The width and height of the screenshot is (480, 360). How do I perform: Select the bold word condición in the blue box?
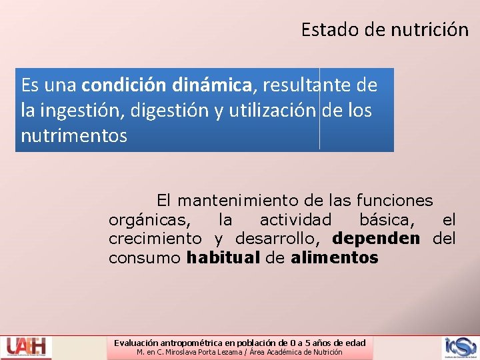click(124, 85)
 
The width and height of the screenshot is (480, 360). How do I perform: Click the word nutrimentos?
click(73, 135)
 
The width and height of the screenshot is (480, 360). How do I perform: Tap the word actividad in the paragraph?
click(295, 219)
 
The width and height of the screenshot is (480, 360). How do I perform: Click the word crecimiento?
click(155, 239)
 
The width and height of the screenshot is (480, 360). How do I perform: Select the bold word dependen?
click(376, 239)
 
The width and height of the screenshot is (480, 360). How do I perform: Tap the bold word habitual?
click(223, 258)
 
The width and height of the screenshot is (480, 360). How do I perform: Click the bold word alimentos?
click(335, 258)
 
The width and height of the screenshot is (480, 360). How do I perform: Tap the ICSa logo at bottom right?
click(461, 347)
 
